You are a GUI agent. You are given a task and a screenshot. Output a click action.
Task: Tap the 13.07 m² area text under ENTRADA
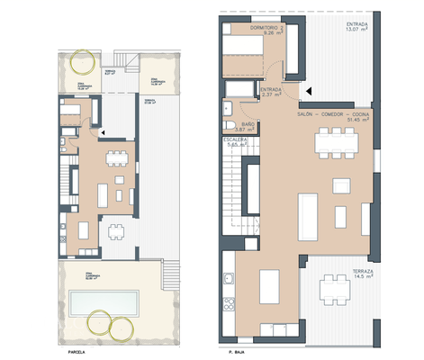[357, 28]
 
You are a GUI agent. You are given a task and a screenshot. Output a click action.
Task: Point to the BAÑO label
[244, 125]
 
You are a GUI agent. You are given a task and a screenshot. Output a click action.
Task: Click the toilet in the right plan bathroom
[230, 127]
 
